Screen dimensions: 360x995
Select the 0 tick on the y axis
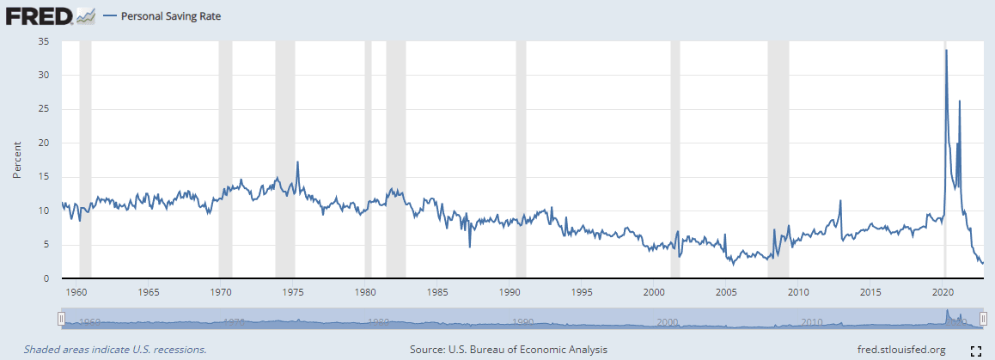[46, 278]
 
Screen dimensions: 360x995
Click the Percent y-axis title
[17, 160]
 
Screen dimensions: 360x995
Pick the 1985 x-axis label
[438, 291]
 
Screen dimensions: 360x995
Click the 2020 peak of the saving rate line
[946, 51]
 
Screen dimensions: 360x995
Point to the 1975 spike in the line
[297, 162]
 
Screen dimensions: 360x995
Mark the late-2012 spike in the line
[839, 201]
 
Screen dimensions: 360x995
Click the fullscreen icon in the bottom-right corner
[975, 350]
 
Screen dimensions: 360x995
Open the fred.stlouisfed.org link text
[901, 350]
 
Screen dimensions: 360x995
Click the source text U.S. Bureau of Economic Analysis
[508, 350]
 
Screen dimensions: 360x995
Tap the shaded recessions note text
[115, 350]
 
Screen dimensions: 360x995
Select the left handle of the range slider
[60, 320]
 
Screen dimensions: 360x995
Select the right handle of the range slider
[983, 320]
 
